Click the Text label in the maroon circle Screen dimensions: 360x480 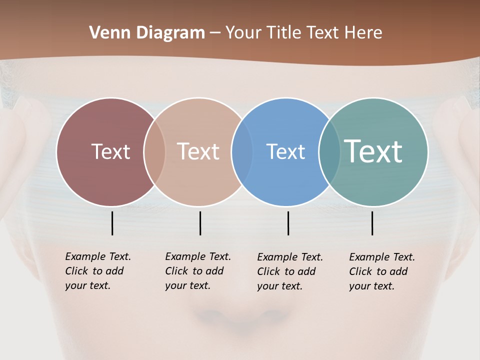[110, 151]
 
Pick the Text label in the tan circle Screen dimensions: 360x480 [198, 151]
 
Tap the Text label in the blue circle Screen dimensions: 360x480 [285, 151]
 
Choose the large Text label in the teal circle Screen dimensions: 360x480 [373, 151]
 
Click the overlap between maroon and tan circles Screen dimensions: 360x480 [154, 151]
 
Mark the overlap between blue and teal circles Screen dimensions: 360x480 [329, 151]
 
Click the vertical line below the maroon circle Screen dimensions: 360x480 [112, 223]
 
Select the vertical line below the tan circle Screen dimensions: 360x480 [200, 223]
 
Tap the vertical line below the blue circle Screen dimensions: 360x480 [288, 223]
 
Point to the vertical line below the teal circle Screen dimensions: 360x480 [372, 223]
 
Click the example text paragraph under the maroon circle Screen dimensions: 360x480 [97, 271]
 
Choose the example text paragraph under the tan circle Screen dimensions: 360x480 [197, 271]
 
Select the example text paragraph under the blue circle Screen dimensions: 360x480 [289, 271]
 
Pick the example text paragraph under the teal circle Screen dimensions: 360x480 [381, 271]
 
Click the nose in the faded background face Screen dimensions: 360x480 [240, 312]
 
